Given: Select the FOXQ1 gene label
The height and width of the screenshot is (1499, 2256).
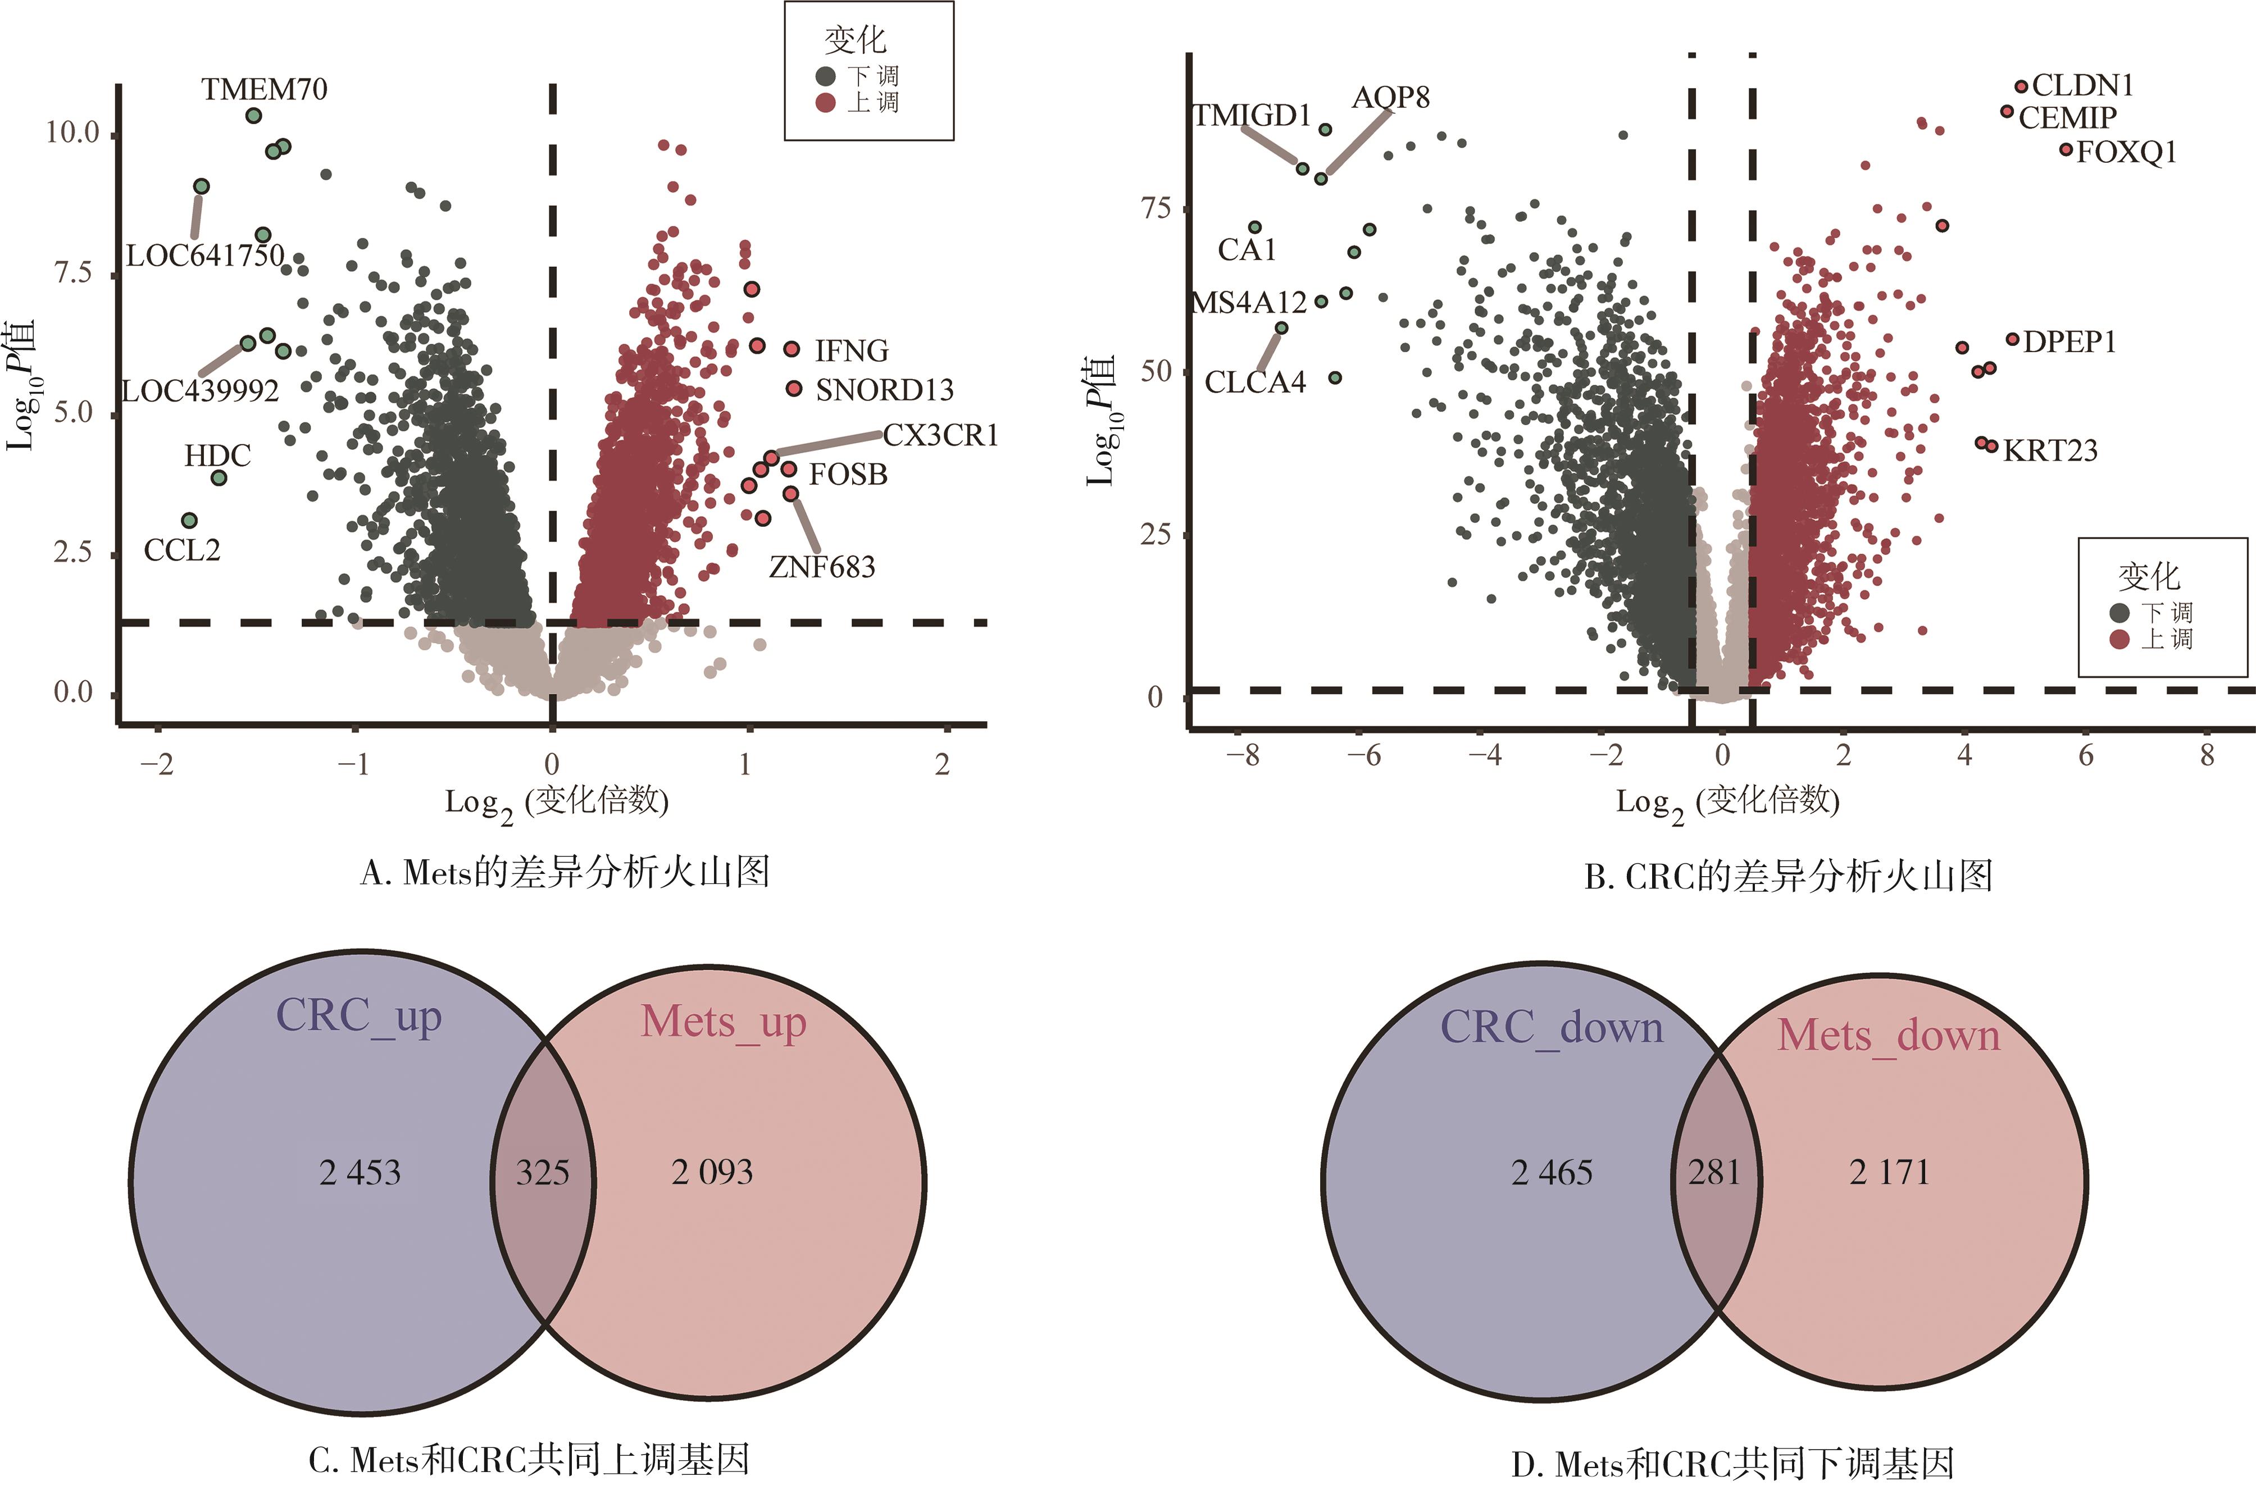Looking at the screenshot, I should (2126, 153).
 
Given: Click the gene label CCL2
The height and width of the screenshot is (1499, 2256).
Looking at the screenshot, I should (181, 550).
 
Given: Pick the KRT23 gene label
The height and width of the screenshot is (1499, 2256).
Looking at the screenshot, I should (2049, 450).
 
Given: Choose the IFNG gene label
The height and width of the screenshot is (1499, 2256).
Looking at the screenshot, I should (851, 351).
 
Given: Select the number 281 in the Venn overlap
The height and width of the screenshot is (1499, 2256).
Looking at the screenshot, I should (1714, 1172).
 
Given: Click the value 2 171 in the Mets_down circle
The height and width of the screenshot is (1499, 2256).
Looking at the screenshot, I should (1889, 1172).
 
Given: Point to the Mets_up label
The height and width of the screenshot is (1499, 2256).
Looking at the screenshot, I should (724, 1022).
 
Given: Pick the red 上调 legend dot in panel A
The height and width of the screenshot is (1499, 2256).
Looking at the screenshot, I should (826, 102).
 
